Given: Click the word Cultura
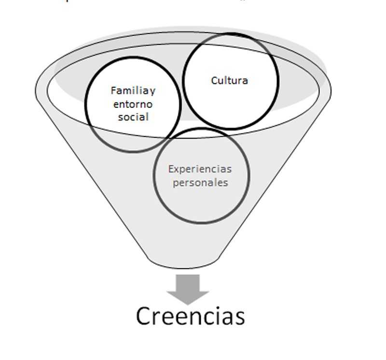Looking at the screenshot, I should coord(230,80).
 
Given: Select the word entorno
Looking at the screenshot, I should coord(133,104).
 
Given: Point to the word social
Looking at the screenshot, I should coord(133,117).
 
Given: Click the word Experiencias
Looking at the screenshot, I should coord(200,169).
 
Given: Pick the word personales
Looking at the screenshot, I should coord(200,183).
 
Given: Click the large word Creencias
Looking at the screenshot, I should coord(190,316).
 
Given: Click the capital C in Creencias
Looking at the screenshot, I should coord(145,316).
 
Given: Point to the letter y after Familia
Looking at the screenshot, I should coord(152,92).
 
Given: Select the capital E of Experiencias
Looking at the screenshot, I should coord(170,169).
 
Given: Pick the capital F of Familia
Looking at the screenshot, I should coord(113,91).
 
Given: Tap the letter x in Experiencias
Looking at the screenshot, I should coord(176,170).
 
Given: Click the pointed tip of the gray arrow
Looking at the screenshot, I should coord(188,303).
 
